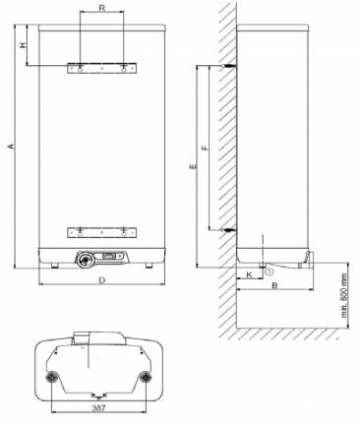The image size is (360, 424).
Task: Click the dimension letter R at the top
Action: point(102,8)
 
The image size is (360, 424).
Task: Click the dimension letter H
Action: point(23,44)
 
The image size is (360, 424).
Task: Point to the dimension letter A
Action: point(12,146)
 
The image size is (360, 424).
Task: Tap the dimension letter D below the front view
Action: point(102,280)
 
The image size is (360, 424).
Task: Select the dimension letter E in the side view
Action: point(193,166)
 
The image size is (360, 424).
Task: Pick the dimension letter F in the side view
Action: point(205,148)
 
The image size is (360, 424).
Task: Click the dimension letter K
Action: point(249,274)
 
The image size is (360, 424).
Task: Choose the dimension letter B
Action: point(275,285)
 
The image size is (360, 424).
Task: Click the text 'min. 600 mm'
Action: point(344,296)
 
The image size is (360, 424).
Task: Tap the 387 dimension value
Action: point(98,408)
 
